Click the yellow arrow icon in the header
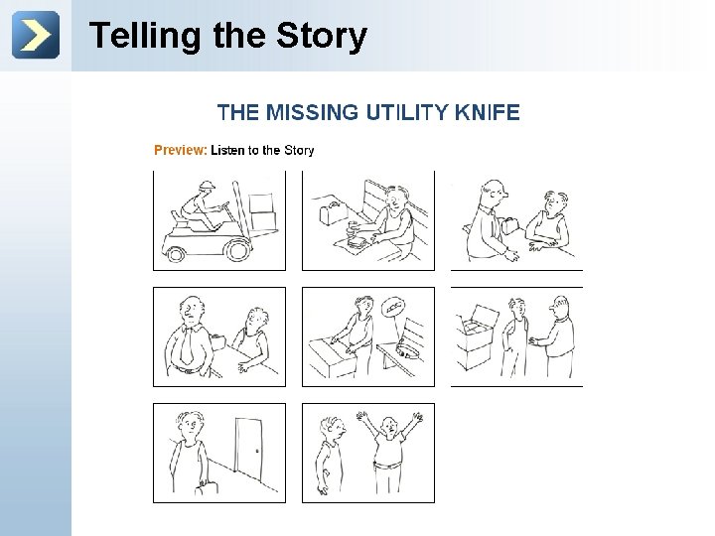[36, 35]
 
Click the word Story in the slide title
[322, 36]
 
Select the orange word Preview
[181, 150]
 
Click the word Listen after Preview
[227, 150]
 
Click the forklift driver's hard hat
[207, 185]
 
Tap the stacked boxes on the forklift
[262, 212]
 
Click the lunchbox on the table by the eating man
[334, 211]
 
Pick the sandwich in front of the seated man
[357, 241]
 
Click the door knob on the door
[257, 452]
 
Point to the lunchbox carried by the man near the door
[207, 487]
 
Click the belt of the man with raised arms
[387, 465]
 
